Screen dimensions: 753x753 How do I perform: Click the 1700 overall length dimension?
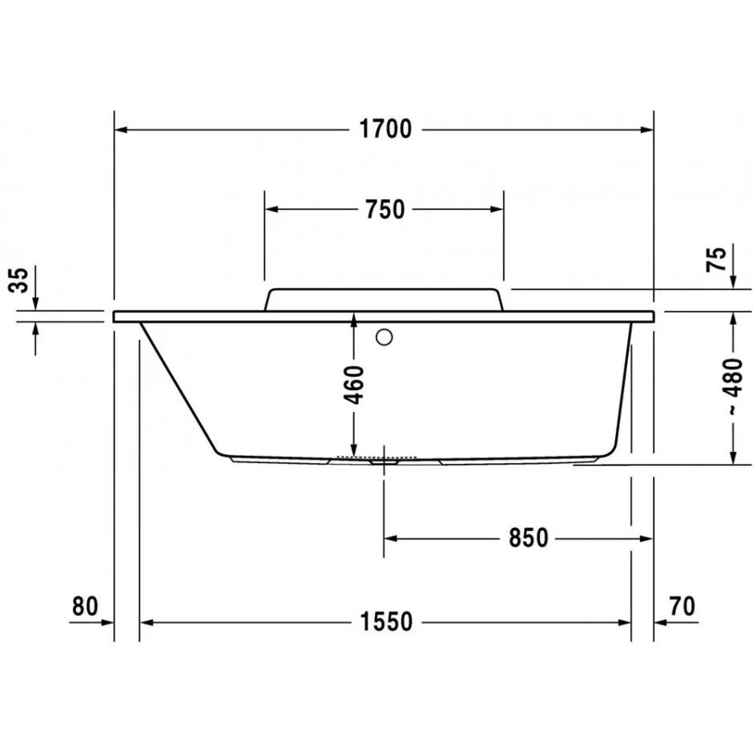coord(385,129)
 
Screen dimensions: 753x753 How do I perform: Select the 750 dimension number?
coord(385,209)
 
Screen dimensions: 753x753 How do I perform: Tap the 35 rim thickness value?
coord(19,280)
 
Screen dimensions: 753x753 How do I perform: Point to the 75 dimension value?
coord(716,260)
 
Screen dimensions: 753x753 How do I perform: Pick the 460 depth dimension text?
coord(354,385)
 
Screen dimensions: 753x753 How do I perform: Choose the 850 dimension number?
coord(528,538)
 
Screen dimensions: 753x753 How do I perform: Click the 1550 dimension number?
coord(386,622)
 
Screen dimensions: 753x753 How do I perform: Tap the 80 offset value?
coord(85,606)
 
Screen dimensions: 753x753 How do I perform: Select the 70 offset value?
coord(682,606)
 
